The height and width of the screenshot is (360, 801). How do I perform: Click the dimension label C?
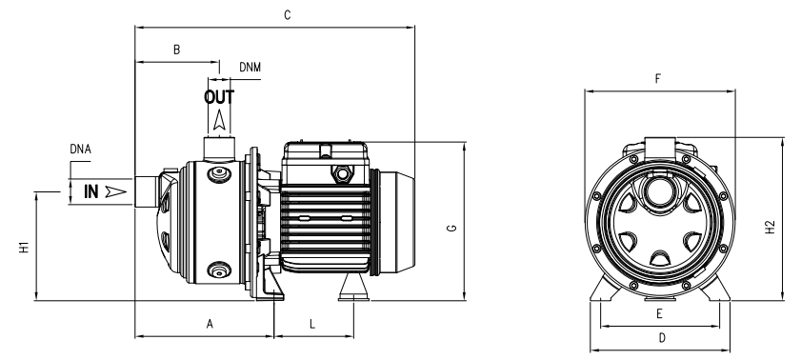[287, 15]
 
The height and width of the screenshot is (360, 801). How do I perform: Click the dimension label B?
[177, 50]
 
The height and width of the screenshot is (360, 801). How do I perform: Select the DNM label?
[250, 68]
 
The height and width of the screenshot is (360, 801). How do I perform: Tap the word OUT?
[219, 97]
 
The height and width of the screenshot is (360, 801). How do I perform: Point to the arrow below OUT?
[219, 120]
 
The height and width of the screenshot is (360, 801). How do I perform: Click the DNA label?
[80, 150]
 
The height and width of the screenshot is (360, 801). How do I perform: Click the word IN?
[90, 192]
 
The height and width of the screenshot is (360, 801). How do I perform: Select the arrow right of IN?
[116, 192]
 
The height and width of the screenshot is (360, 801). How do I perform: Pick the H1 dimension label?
[25, 248]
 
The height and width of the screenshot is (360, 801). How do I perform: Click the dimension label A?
[210, 324]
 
